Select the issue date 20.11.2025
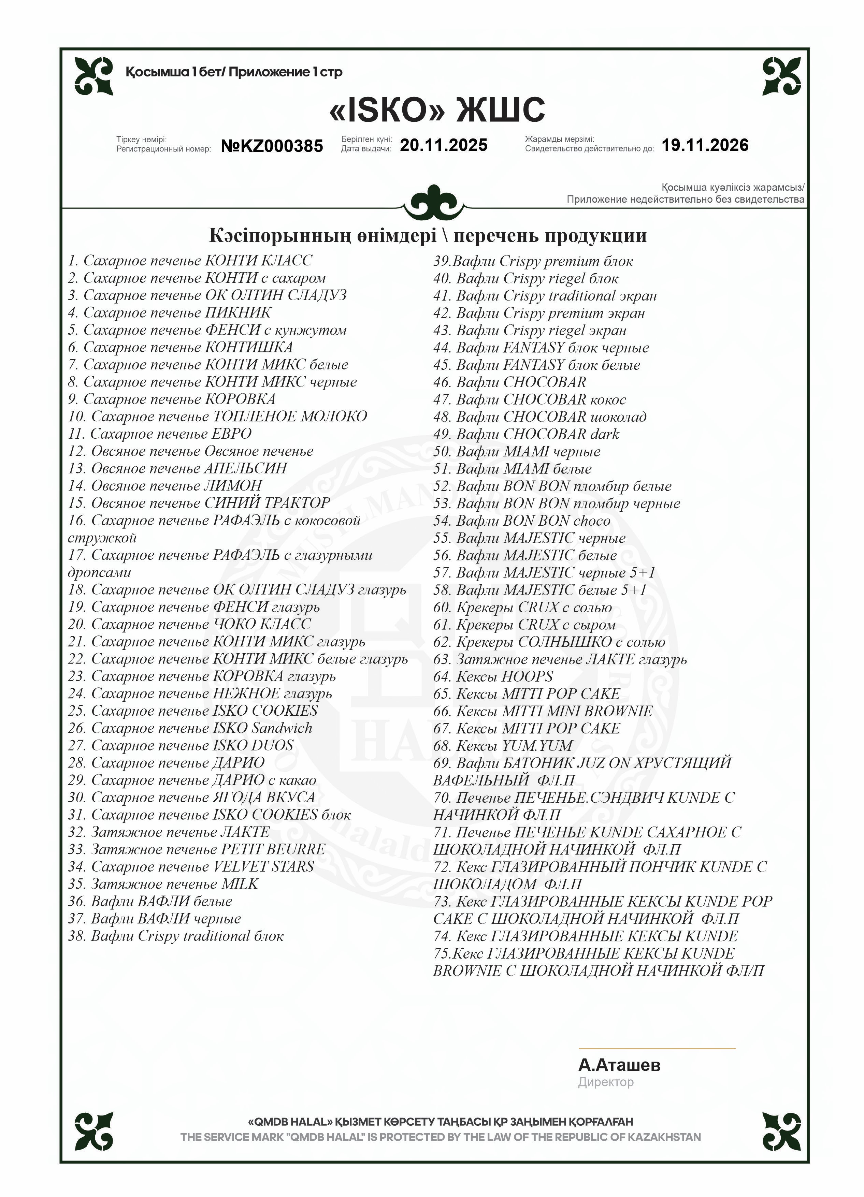pos(443,145)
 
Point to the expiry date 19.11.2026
pos(705,145)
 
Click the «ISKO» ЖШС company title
pos(436,110)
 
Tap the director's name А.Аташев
pos(619,1065)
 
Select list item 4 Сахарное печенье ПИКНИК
pos(170,312)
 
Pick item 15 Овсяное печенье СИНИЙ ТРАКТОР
pos(199,503)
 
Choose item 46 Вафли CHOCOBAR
pos(509,382)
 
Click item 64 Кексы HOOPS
pos(493,676)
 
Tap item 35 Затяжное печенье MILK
pos(163,884)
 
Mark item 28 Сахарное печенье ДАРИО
pos(166,763)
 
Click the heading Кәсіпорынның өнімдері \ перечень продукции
pos(428,235)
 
